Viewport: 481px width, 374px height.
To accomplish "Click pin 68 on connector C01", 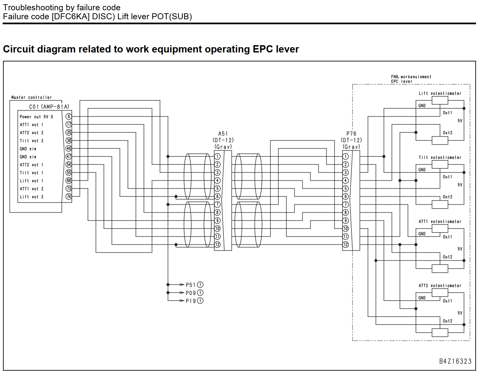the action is pos(69,181).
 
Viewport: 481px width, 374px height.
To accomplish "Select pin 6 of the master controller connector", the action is pos(69,116).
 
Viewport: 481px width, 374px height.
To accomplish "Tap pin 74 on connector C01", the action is pos(69,197).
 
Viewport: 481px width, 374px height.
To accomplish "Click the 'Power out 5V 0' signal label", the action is pos(36,117).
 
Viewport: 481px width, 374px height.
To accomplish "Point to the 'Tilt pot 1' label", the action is pos(32,173).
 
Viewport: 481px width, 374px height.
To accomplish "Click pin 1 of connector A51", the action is pos(217,156).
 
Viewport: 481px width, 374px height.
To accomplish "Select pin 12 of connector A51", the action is pos(217,244).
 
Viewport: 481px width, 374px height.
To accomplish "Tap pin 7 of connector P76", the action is pos(345,205).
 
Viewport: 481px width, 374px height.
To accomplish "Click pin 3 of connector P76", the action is pos(345,172).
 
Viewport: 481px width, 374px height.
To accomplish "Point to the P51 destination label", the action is pos(191,285).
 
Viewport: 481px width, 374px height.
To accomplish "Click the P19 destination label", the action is pos(191,301).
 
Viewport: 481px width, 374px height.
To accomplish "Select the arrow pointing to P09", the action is pos(176,293).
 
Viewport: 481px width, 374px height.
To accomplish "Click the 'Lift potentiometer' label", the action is pos(440,93).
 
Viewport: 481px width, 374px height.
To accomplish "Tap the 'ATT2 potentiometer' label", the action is pos(440,286).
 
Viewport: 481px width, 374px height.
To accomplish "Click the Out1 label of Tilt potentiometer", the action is pos(447,177).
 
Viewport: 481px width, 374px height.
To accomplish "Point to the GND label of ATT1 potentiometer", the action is pos(422,234).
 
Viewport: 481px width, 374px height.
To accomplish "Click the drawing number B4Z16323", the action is pos(455,361).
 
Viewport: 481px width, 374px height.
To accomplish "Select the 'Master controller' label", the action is pos(32,97).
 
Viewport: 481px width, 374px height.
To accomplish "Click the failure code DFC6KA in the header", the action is pos(71,17).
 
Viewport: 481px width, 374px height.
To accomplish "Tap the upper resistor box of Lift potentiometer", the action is pos(440,100).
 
